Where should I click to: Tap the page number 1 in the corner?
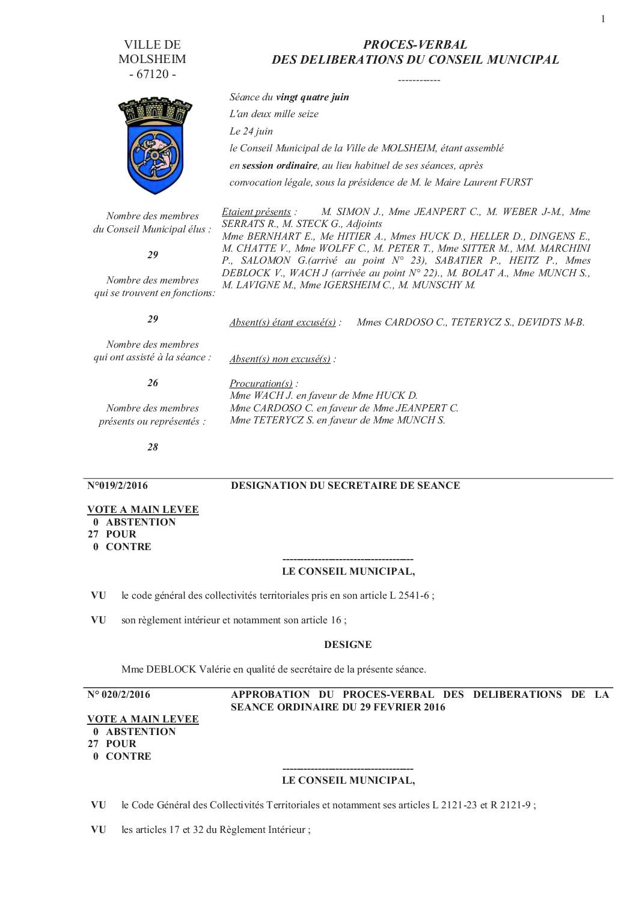[x=603, y=19]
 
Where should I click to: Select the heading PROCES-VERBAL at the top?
[x=415, y=44]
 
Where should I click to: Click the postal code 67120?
[x=152, y=74]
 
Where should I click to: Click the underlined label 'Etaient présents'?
[x=256, y=211]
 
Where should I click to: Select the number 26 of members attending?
[x=153, y=383]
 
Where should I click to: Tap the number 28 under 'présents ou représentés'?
[x=153, y=447]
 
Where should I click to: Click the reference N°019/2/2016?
[x=118, y=485]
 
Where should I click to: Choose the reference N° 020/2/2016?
[x=119, y=694]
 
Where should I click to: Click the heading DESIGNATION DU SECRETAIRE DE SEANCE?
[x=346, y=485]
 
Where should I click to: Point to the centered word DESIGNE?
[x=347, y=644]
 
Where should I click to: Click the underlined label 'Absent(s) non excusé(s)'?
[x=280, y=359]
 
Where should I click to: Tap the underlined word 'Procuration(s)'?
[x=261, y=383]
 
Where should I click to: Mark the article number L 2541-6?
[x=410, y=596]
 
